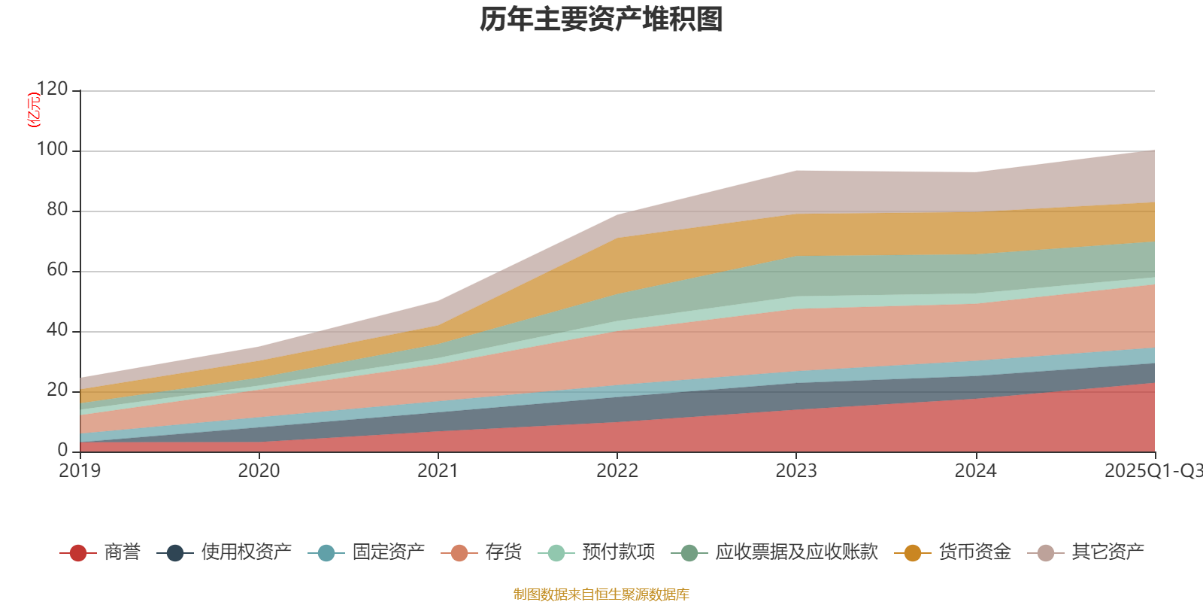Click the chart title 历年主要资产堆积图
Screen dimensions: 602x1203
pos(601,20)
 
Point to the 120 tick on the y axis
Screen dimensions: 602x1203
pos(52,90)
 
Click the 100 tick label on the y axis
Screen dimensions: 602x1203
pos(52,150)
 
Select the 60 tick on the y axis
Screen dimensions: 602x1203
pos(56,270)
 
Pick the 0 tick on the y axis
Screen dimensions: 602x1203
pos(62,450)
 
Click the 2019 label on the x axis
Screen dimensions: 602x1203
pos(80,471)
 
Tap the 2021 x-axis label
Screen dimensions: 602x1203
pos(438,471)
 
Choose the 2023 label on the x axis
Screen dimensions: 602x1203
pos(796,471)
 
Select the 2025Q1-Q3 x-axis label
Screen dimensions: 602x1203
pos(1153,471)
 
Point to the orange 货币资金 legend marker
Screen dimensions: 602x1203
pos(913,553)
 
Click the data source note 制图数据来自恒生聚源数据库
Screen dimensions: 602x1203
pos(601,594)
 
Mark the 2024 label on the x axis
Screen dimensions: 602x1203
pos(975,471)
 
